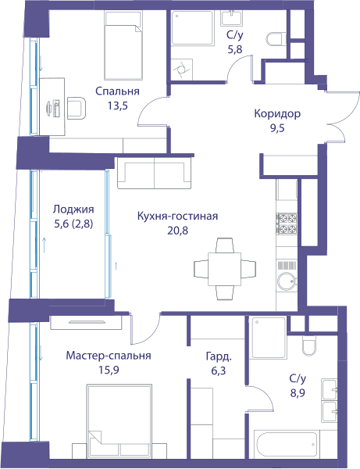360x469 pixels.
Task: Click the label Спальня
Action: pyautogui.click(x=117, y=91)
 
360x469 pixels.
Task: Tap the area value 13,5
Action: pyautogui.click(x=118, y=106)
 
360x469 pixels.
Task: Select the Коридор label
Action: pyautogui.click(x=277, y=113)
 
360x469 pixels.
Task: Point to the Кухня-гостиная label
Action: pyautogui.click(x=177, y=216)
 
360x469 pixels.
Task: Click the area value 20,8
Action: pyautogui.click(x=178, y=231)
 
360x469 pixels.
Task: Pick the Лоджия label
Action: pyautogui.click(x=73, y=209)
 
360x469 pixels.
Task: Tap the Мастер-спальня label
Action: pyautogui.click(x=109, y=356)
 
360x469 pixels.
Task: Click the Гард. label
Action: pyautogui.click(x=219, y=356)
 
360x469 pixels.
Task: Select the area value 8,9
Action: pyautogui.click(x=298, y=392)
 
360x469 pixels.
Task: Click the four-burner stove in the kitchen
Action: pyautogui.click(x=287, y=224)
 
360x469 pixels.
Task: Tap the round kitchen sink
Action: pyautogui.click(x=287, y=281)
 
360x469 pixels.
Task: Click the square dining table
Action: pyautogui.click(x=224, y=269)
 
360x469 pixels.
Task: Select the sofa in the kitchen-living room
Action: pyautogui.click(x=154, y=173)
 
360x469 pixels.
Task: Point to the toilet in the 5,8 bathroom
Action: pyautogui.click(x=276, y=39)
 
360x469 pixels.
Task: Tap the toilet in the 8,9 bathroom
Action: pyautogui.click(x=308, y=346)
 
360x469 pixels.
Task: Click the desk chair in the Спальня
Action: pyautogui.click(x=77, y=107)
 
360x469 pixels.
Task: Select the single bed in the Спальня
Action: pyautogui.click(x=123, y=45)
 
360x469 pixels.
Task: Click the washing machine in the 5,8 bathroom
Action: pyautogui.click(x=182, y=70)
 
